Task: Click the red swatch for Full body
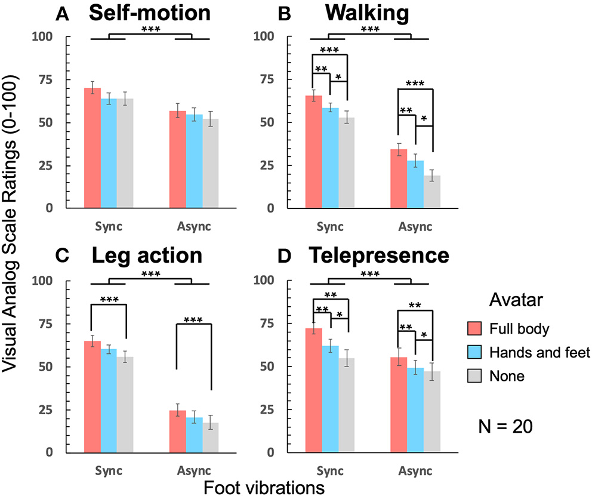[474, 328]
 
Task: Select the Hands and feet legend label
[539, 353]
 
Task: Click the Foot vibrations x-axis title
[264, 487]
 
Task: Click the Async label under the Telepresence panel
[415, 470]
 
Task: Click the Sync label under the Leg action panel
[109, 470]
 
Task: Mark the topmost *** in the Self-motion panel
[150, 29]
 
